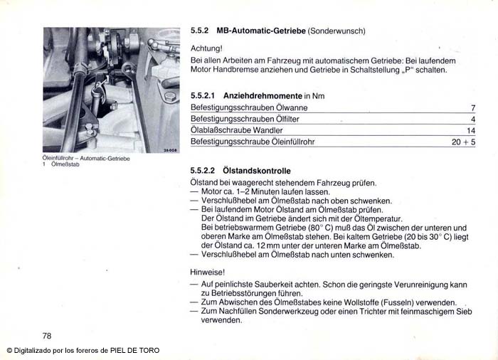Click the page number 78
[x=48, y=336]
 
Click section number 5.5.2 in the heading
[x=199, y=31]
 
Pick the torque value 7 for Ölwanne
[x=472, y=107]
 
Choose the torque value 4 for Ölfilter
[x=472, y=119]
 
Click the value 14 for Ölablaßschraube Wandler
[x=470, y=131]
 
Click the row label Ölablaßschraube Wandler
[x=237, y=131]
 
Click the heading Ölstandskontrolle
[x=257, y=171]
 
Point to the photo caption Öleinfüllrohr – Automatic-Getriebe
[x=86, y=159]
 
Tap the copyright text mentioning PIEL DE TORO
[x=83, y=350]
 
